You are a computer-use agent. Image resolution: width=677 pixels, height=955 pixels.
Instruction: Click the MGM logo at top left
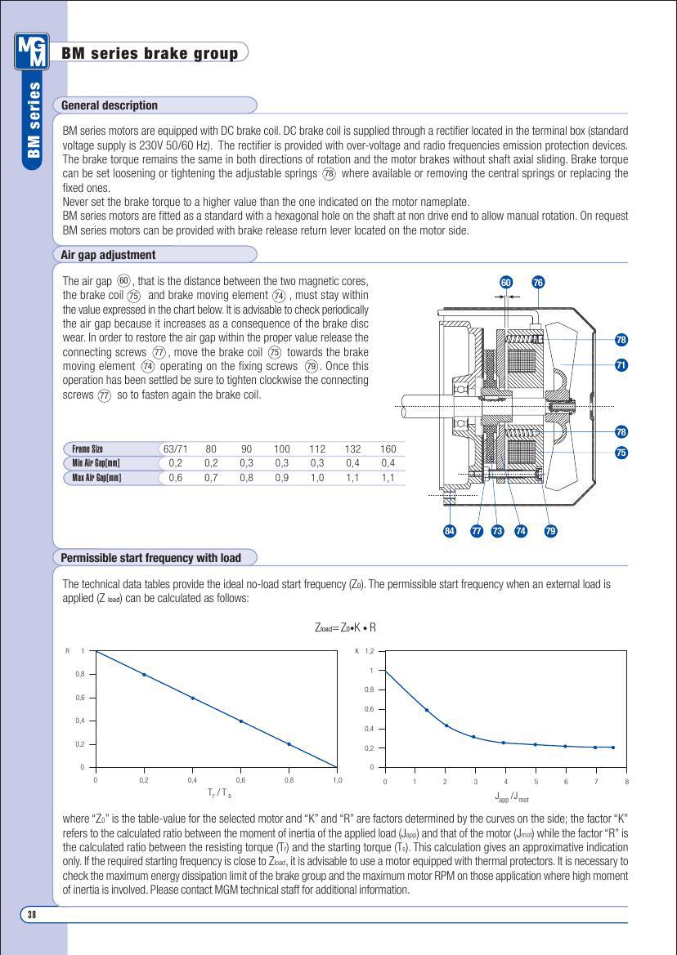(32, 51)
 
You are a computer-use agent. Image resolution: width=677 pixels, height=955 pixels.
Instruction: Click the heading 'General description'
(110, 105)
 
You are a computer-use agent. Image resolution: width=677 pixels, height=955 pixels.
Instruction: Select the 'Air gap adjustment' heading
(109, 255)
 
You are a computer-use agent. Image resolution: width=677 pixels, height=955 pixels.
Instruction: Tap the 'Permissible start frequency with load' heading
(151, 558)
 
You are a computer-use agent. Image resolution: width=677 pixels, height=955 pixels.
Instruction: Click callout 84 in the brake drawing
(449, 531)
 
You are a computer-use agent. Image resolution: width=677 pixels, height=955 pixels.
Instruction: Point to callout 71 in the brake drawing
(621, 365)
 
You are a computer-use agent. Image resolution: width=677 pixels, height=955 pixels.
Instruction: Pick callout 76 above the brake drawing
(537, 283)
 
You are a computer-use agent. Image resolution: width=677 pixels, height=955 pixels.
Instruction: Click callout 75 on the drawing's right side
(621, 453)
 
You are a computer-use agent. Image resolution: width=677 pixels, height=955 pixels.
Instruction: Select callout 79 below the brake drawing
(550, 531)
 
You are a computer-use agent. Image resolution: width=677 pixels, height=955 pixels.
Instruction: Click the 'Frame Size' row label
(87, 448)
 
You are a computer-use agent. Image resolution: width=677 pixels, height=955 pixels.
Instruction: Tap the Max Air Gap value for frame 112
(317, 478)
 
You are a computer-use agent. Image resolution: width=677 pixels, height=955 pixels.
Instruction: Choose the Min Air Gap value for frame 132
(352, 463)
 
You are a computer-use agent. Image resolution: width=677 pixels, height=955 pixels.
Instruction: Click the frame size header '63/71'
(176, 448)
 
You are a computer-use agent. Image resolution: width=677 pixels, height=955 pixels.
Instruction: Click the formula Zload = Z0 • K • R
(345, 627)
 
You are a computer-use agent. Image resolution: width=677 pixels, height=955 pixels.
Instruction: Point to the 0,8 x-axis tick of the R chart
(289, 780)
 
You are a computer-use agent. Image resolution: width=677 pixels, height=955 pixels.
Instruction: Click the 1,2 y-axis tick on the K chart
(369, 651)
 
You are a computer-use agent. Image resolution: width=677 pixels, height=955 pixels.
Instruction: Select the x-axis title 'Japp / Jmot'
(512, 797)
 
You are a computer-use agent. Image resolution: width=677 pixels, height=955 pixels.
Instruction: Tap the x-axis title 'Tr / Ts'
(219, 793)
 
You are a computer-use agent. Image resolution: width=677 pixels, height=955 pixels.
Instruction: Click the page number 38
(32, 914)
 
